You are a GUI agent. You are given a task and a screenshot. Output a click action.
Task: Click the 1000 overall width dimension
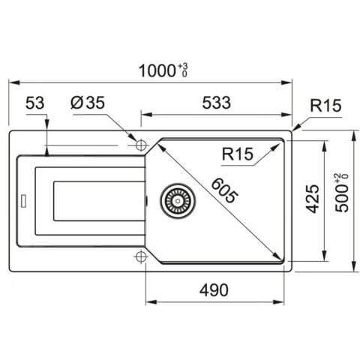[157, 70]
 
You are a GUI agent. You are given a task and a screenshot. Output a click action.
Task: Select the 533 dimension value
[217, 103]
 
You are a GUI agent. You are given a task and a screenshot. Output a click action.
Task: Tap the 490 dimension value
[214, 290]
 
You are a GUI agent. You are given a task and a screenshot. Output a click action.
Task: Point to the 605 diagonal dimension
[223, 190]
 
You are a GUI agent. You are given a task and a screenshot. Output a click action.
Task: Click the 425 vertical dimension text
[313, 199]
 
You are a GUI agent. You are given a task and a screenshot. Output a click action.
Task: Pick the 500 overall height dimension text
[342, 198]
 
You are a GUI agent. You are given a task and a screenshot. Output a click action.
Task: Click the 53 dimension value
[35, 103]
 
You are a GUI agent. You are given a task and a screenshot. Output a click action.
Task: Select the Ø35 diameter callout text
[88, 103]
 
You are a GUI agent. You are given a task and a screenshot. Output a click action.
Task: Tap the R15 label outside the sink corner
[325, 105]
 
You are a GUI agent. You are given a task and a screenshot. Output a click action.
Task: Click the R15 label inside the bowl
[238, 154]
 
